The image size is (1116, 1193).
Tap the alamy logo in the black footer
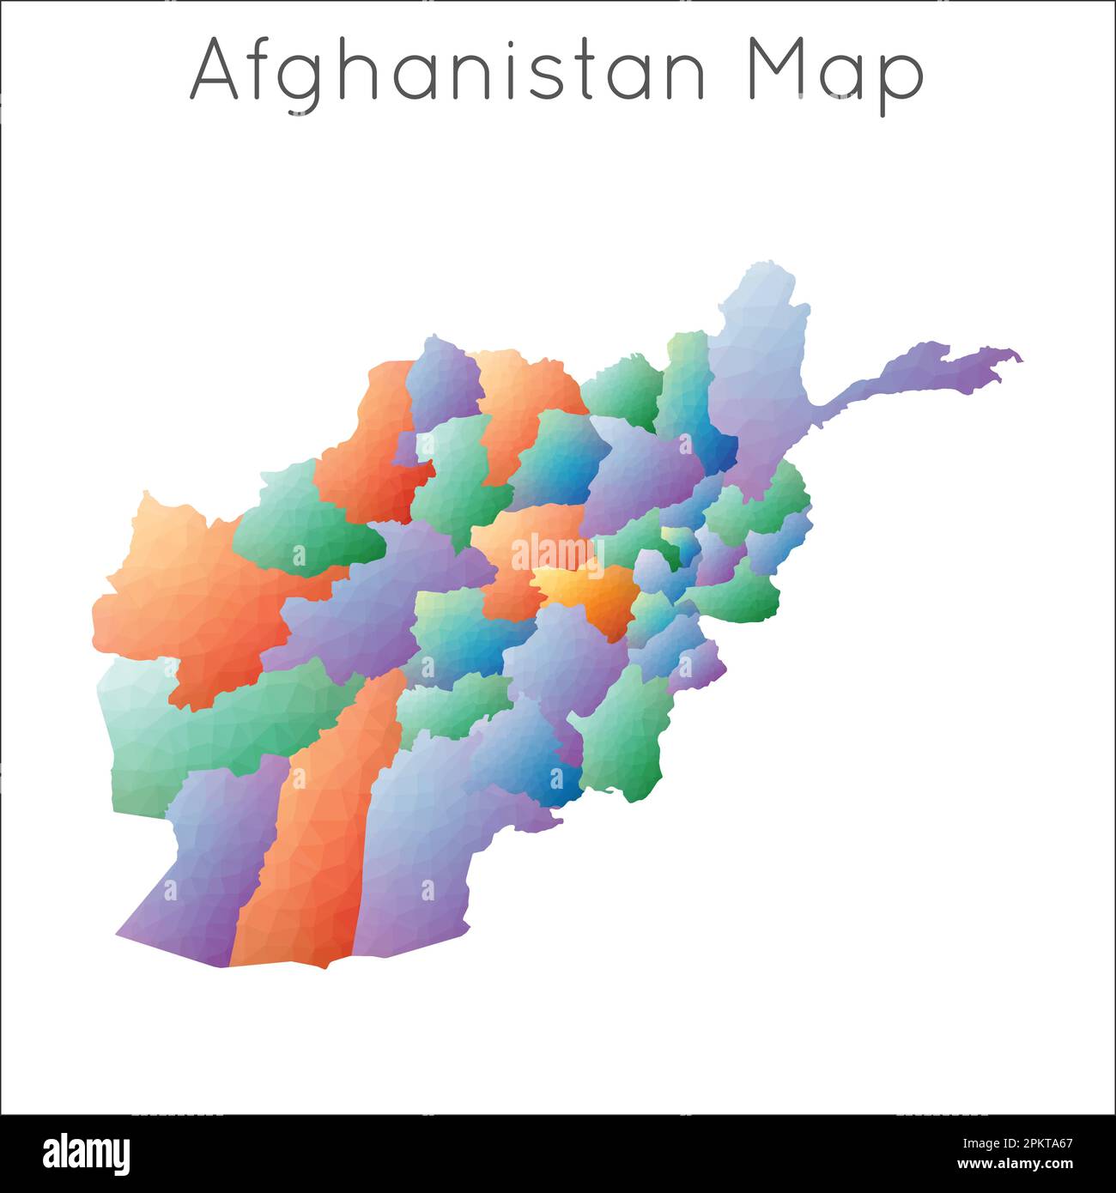87,1154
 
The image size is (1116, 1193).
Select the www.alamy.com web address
1015,1165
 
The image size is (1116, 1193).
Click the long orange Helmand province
318,841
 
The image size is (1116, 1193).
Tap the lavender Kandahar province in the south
421,858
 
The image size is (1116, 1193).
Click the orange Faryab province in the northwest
369,455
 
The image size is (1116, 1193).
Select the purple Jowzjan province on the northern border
442,382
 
